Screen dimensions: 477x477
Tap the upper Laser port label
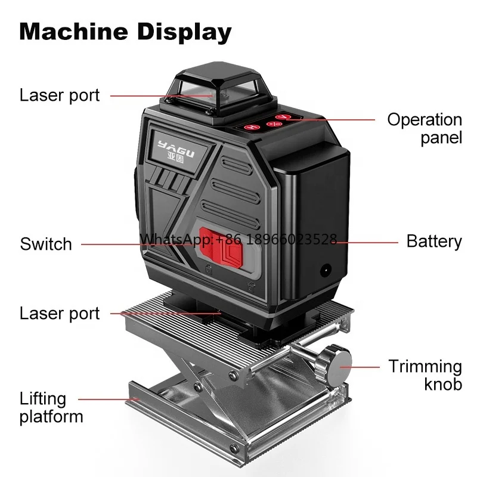click(60, 95)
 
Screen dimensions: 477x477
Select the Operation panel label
click(424, 128)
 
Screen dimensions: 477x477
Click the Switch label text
click(46, 244)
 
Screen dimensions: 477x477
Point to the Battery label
click(434, 241)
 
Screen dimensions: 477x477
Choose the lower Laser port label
click(60, 314)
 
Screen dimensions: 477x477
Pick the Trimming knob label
click(425, 374)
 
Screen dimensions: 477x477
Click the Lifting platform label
click(51, 407)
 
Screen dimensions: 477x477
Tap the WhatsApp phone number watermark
click(238, 240)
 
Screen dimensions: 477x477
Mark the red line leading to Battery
click(370, 243)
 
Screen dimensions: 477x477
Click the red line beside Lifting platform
click(107, 398)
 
